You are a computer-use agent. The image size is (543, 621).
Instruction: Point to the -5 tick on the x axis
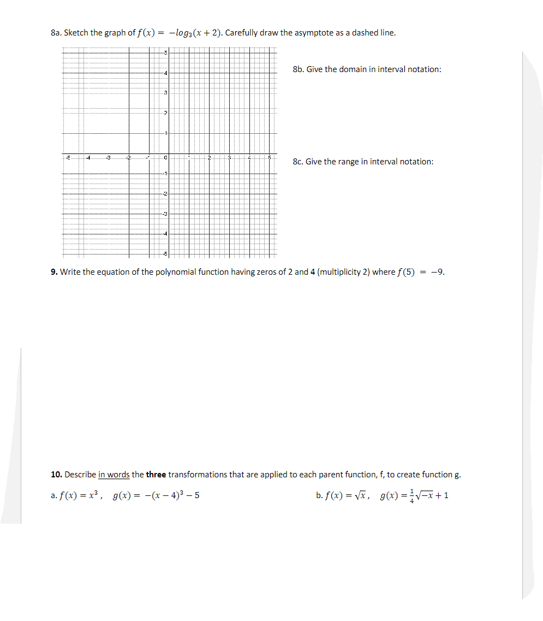pyautogui.click(x=68, y=158)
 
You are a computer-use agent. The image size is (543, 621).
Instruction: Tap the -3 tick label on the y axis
pyautogui.click(x=165, y=214)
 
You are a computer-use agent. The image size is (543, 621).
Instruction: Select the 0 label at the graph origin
pyautogui.click(x=165, y=158)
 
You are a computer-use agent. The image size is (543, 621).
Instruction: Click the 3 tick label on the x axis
pyautogui.click(x=230, y=158)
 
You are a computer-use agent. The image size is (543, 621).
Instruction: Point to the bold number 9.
pyautogui.click(x=54, y=272)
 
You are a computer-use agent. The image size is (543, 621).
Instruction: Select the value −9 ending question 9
pyautogui.click(x=438, y=272)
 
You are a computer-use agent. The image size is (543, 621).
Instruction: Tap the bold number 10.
pyautogui.click(x=56, y=475)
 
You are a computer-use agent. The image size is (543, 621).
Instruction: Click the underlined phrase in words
pyautogui.click(x=114, y=475)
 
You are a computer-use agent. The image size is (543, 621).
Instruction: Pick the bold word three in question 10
pyautogui.click(x=156, y=475)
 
